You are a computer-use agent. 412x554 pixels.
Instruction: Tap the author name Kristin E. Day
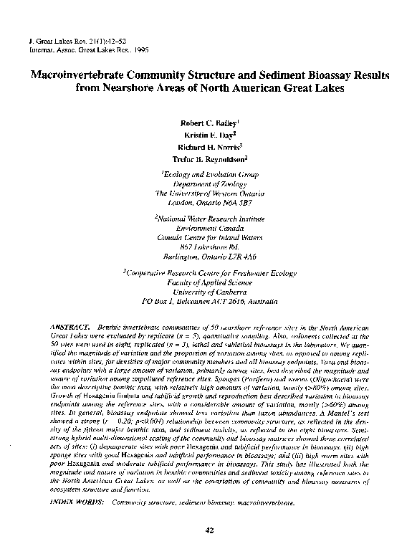tap(206, 135)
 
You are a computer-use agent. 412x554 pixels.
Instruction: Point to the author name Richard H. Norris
tap(206, 147)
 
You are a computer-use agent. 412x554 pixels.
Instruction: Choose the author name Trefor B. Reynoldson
tap(206, 158)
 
